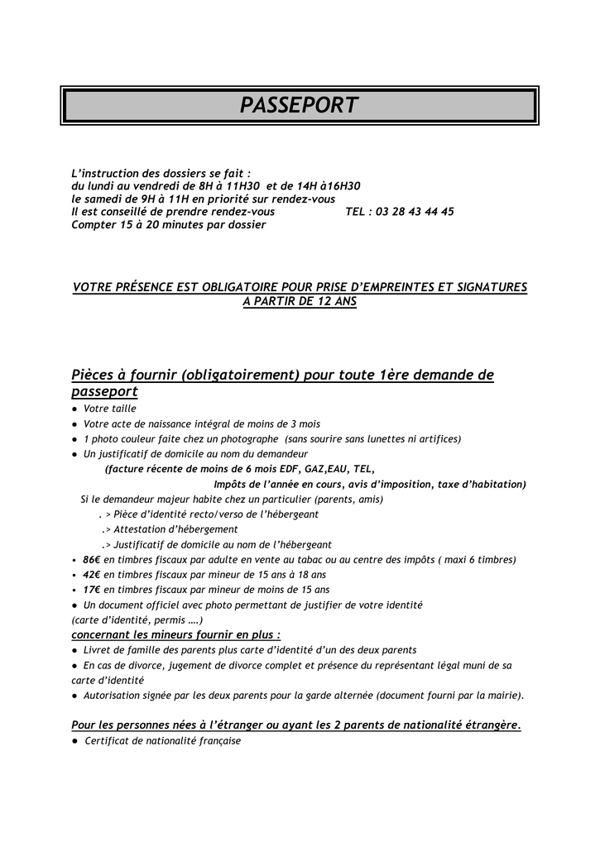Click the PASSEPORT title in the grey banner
point(299,105)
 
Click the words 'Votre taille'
point(110,409)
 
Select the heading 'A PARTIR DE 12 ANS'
point(300,302)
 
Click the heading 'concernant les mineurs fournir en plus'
point(175,634)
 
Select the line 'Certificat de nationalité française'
point(162,741)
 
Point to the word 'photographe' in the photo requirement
point(249,438)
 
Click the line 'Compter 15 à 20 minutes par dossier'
point(169,224)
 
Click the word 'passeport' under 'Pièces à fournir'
point(104,391)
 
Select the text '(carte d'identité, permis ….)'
point(137,620)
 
